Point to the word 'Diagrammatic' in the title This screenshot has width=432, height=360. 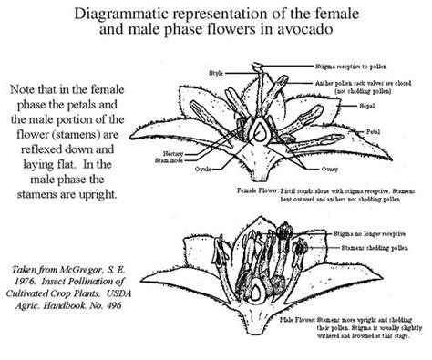131,11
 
